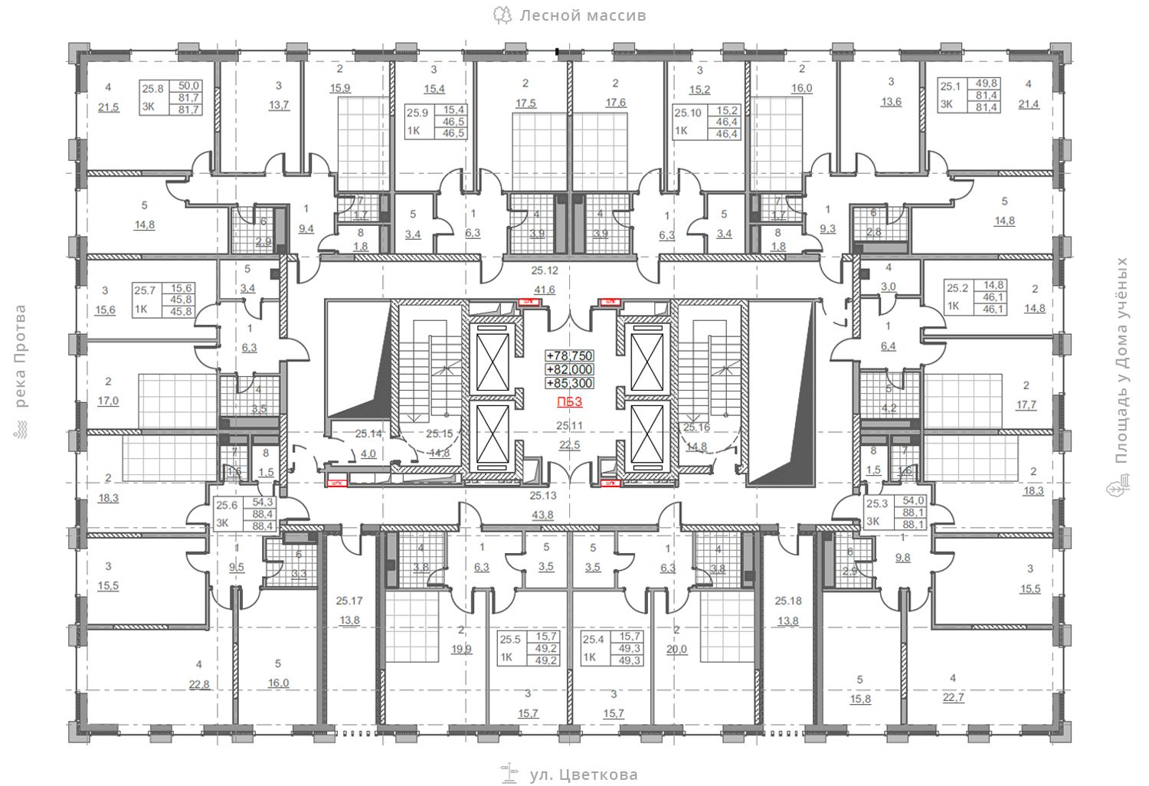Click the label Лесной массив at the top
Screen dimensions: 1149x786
pos(582,15)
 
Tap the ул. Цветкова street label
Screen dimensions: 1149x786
pos(583,775)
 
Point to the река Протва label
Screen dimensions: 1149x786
pos(20,356)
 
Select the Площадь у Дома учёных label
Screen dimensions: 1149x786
pos(1122,360)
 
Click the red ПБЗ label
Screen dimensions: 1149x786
pos(570,401)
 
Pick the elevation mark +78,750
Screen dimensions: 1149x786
pos(570,355)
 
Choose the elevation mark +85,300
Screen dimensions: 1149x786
pos(570,383)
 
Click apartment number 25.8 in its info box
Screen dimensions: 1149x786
pos(153,89)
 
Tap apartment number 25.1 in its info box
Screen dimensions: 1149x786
pos(950,87)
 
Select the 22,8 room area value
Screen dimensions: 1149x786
pos(199,684)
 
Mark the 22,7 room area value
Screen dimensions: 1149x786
pos(954,697)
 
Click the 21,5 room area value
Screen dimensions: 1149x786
pos(109,107)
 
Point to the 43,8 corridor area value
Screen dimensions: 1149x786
pos(543,515)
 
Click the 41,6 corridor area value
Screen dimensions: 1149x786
pos(545,290)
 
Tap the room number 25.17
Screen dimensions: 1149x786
pos(349,601)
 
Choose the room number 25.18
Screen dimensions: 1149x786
pos(788,601)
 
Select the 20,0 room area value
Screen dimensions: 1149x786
pos(677,649)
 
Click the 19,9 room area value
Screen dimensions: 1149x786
pos(461,649)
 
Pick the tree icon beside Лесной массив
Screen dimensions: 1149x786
pos(502,15)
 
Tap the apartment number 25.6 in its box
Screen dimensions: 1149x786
pos(227,505)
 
